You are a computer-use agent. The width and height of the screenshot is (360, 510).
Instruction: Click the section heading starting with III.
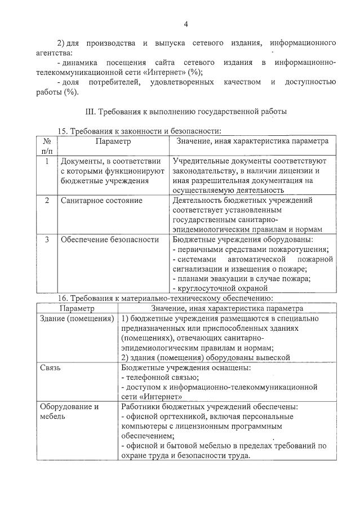[185, 112]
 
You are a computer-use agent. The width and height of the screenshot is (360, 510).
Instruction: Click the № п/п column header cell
[47, 145]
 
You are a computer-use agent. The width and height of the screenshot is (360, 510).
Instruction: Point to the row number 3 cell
[47, 240]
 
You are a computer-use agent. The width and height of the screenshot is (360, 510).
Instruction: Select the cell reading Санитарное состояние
[94, 201]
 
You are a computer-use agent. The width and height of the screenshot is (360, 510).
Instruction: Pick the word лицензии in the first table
[301, 171]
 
